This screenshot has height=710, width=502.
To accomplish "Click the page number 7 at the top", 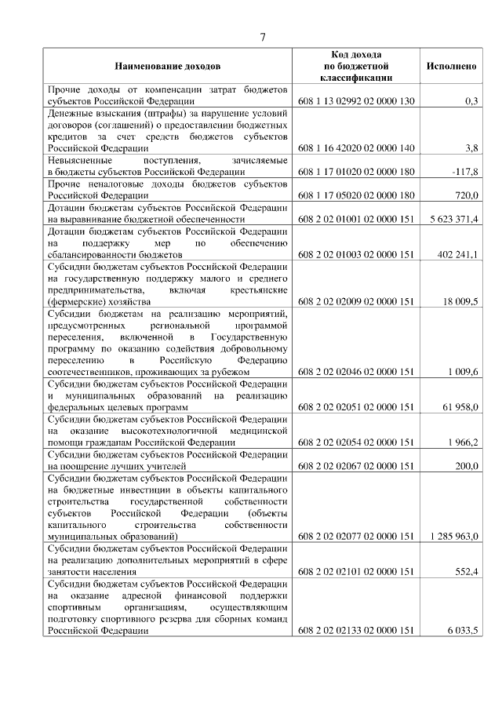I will pos(264,37).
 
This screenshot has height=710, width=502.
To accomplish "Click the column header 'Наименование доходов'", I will pos(168,67).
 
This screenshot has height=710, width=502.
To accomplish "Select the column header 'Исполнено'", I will pos(451,67).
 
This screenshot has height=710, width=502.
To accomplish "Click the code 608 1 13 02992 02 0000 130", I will pos(356,101).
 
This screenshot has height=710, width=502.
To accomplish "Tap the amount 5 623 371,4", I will pos(454,218).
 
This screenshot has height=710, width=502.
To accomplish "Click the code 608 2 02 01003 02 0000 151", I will pos(356,254).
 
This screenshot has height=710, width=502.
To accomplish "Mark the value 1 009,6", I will pos(462,372).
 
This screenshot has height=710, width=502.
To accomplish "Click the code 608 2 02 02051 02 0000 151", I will pos(356,407).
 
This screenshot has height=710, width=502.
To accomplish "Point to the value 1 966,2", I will pos(462,442).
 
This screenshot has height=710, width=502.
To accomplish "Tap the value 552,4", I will pos(467,572).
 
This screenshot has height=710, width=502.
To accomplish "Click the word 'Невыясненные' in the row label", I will pos(79,159).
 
